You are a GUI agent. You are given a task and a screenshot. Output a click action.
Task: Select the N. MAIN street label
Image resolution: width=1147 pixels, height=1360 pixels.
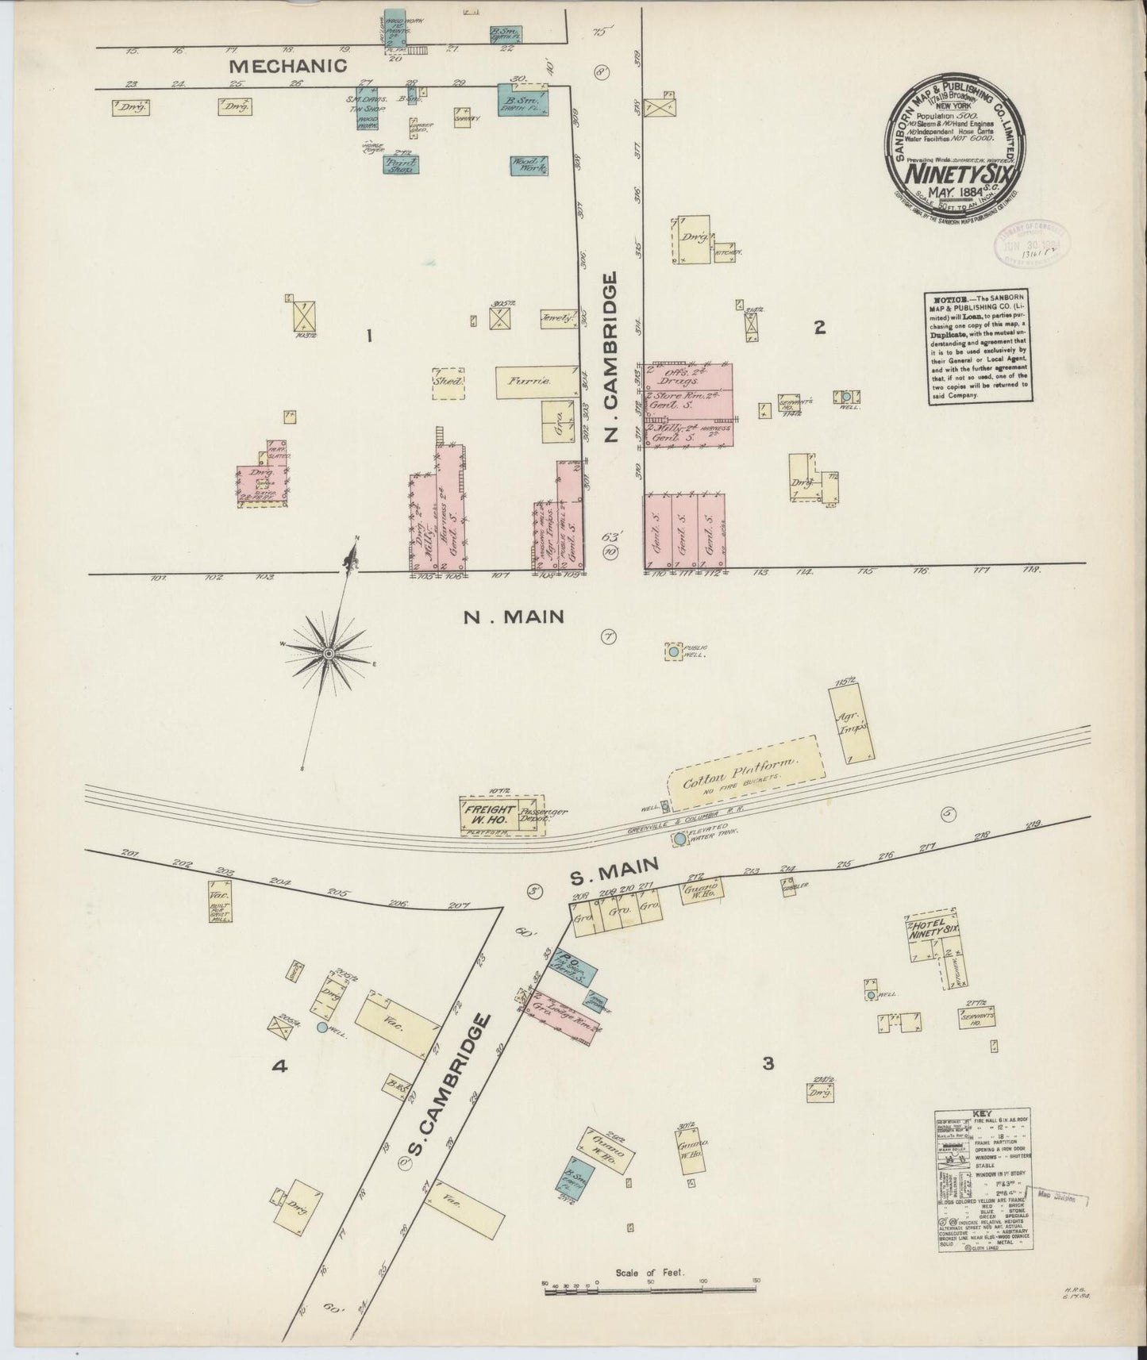[x=514, y=616]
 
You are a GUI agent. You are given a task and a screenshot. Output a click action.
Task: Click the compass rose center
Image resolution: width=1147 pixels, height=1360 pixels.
[x=328, y=652]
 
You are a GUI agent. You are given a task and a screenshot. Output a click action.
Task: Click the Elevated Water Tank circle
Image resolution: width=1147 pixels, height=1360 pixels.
[x=679, y=837]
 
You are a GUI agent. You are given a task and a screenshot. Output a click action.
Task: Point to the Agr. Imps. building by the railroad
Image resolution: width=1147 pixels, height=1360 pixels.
[x=852, y=724]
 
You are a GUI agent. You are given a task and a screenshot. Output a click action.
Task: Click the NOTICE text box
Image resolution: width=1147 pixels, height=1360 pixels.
[x=979, y=348]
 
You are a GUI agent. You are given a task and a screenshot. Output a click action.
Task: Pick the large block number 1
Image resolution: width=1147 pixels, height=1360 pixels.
[x=368, y=336]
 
